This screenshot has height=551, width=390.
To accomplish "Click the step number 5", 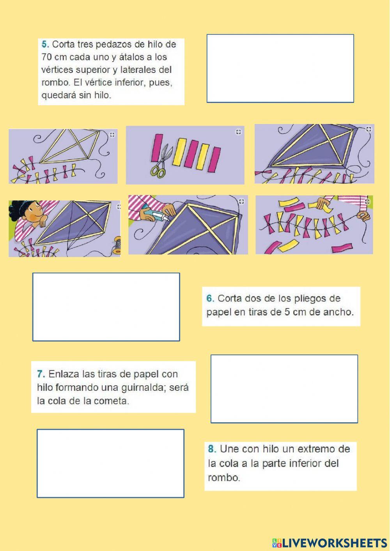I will pyautogui.click(x=44, y=44).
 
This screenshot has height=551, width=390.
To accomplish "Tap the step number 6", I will pyautogui.click(x=210, y=299).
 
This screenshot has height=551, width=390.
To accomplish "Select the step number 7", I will pyautogui.click(x=41, y=374).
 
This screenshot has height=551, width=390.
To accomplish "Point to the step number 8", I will pyautogui.click(x=212, y=449).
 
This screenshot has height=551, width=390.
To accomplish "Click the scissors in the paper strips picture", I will pyautogui.click(x=159, y=162).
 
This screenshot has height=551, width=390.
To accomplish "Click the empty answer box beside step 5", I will pyautogui.click(x=280, y=69).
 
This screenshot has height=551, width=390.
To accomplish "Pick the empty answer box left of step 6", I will pyautogui.click(x=106, y=307).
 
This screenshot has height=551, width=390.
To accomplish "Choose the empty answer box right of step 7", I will pyautogui.click(x=284, y=389).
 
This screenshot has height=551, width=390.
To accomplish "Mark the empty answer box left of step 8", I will pyautogui.click(x=110, y=463).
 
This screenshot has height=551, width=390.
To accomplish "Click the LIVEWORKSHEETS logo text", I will pyautogui.click(x=334, y=543).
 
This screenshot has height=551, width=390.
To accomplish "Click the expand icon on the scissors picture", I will pyautogui.click(x=239, y=132).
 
